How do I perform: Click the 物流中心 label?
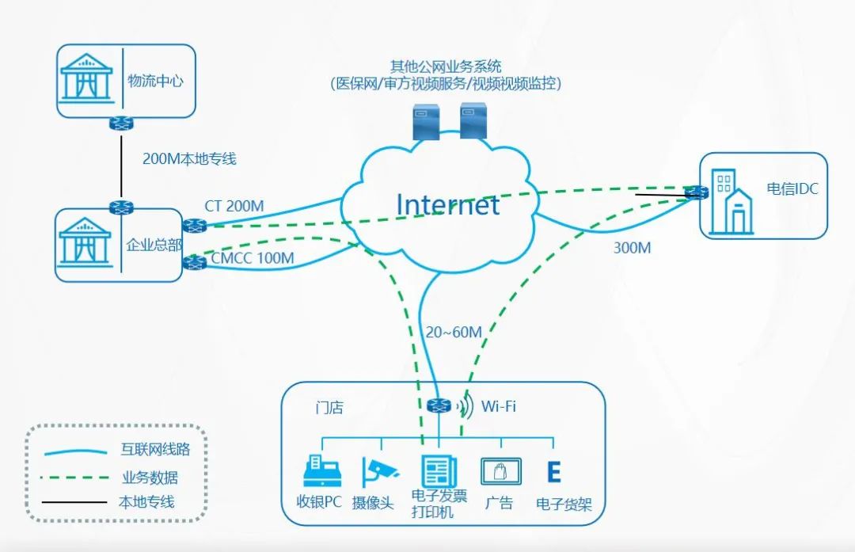click(x=155, y=82)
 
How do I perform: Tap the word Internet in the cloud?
click(x=447, y=204)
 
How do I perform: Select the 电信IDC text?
click(x=792, y=189)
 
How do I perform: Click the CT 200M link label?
click(x=234, y=206)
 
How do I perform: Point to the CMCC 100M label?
click(x=253, y=258)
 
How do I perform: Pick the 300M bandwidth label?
click(x=632, y=248)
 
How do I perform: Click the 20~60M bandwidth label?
click(x=452, y=332)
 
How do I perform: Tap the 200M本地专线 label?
click(x=189, y=158)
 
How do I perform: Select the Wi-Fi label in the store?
click(x=499, y=406)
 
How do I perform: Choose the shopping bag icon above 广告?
click(x=500, y=472)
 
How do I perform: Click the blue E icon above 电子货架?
click(x=554, y=472)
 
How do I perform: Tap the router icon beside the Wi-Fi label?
click(x=438, y=405)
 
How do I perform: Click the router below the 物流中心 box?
click(x=121, y=124)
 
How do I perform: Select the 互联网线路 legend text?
click(x=157, y=450)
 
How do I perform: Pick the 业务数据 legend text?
click(x=150, y=477)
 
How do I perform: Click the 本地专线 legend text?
click(x=146, y=501)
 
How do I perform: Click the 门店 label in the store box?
click(x=329, y=408)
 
